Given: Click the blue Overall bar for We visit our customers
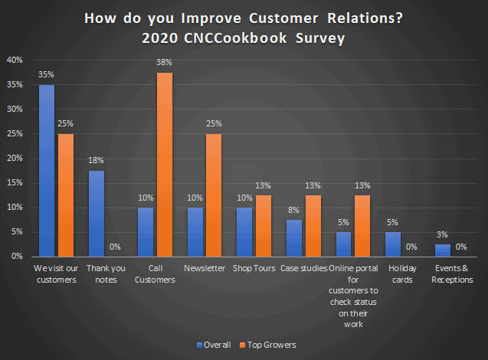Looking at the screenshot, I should [x=47, y=170].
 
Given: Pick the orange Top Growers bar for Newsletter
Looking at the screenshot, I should [x=213, y=195].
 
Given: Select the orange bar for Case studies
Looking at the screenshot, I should [x=313, y=225].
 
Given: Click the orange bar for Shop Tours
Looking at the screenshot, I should [x=263, y=225].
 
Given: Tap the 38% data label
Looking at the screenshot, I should [x=164, y=62].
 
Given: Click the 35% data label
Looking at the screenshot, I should [x=46, y=74].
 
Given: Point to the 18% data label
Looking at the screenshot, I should [x=97, y=160].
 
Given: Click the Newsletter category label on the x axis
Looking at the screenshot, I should [x=204, y=269].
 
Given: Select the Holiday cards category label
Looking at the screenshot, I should [x=403, y=273].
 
